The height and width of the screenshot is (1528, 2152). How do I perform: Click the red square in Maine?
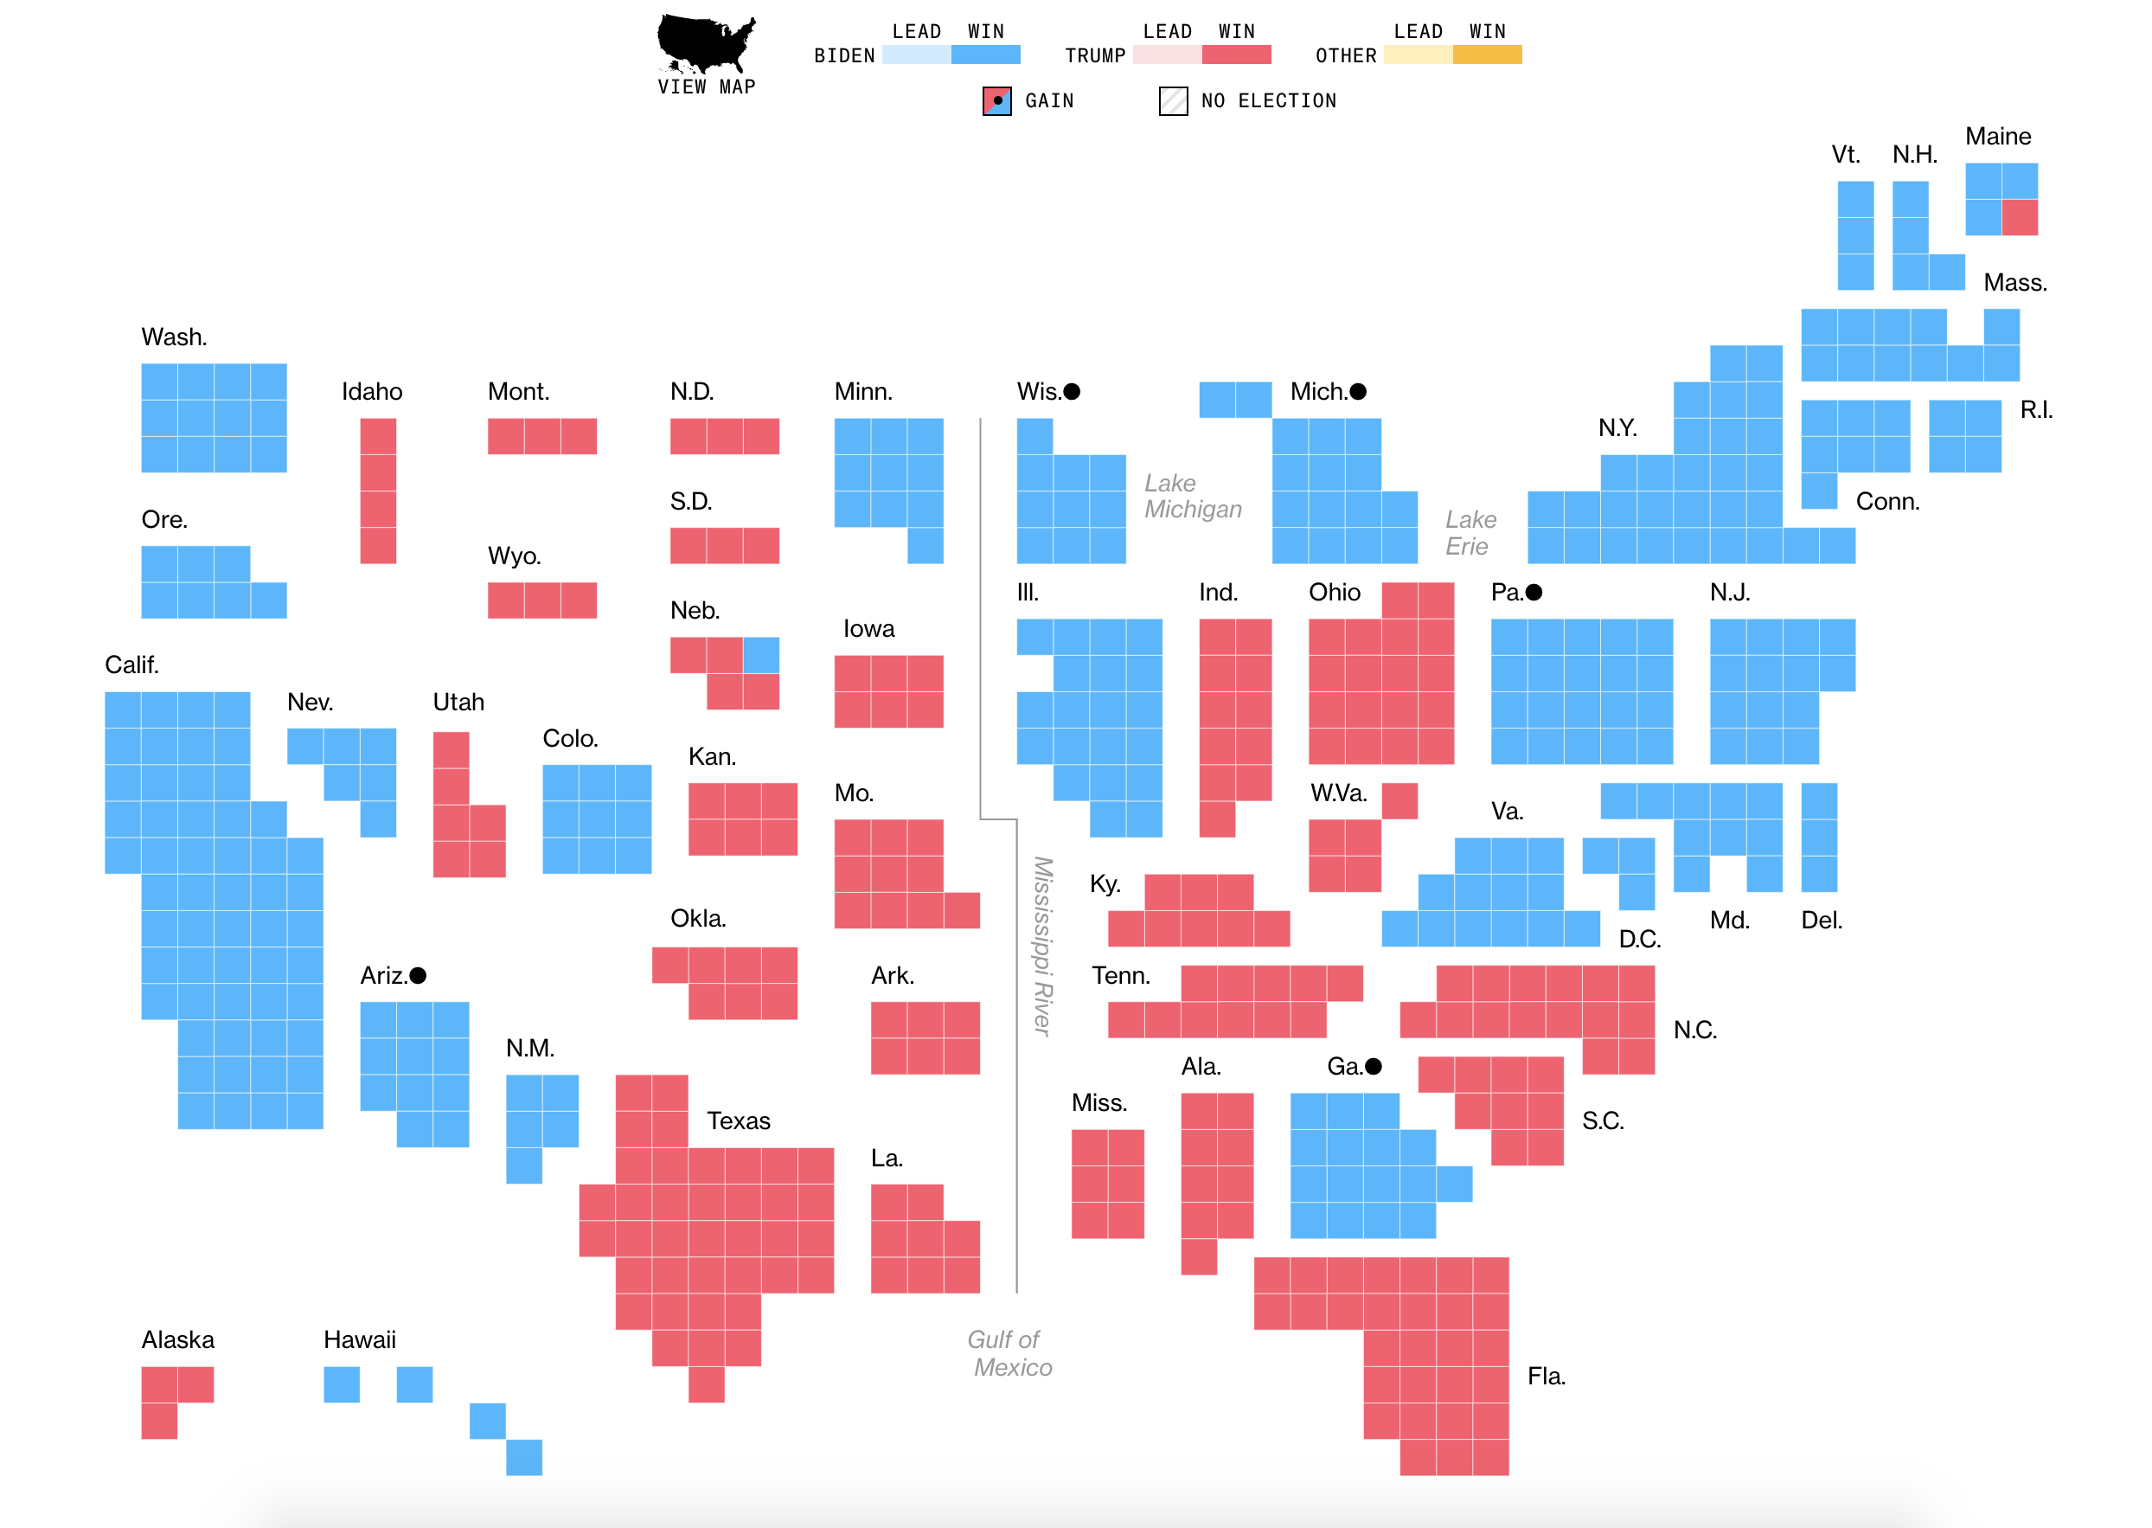coord(2020,217)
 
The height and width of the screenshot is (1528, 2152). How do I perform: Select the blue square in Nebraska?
coord(761,655)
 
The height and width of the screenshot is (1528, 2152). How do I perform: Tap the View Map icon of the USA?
coord(706,43)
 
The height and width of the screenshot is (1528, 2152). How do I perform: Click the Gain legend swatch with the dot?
coord(997,100)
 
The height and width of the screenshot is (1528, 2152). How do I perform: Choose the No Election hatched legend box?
coord(1173,100)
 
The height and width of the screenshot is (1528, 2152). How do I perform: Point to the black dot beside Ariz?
coord(419,976)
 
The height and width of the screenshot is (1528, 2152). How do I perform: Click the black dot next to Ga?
coord(1374,1066)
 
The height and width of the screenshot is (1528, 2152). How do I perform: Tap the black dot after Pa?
coord(1534,592)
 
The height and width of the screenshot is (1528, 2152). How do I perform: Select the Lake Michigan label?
coord(1193,496)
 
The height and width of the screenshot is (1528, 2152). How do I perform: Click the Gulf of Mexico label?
coord(1009,1353)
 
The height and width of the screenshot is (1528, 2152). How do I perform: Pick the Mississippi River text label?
coord(1043,946)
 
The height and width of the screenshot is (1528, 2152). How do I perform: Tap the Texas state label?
coord(739,1120)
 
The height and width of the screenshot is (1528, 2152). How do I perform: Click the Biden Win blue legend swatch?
coord(986,55)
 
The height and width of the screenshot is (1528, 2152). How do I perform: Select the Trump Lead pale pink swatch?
coord(1167,55)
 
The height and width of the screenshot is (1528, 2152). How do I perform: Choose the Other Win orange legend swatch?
coord(1487,55)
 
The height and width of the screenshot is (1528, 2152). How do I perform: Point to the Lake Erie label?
coord(1470,532)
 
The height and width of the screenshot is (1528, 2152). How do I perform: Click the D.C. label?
coord(1639,939)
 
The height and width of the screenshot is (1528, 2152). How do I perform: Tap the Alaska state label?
coord(178,1340)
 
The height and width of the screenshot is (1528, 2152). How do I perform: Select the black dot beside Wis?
coord(1072,391)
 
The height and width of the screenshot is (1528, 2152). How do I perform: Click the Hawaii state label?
coord(359,1340)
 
